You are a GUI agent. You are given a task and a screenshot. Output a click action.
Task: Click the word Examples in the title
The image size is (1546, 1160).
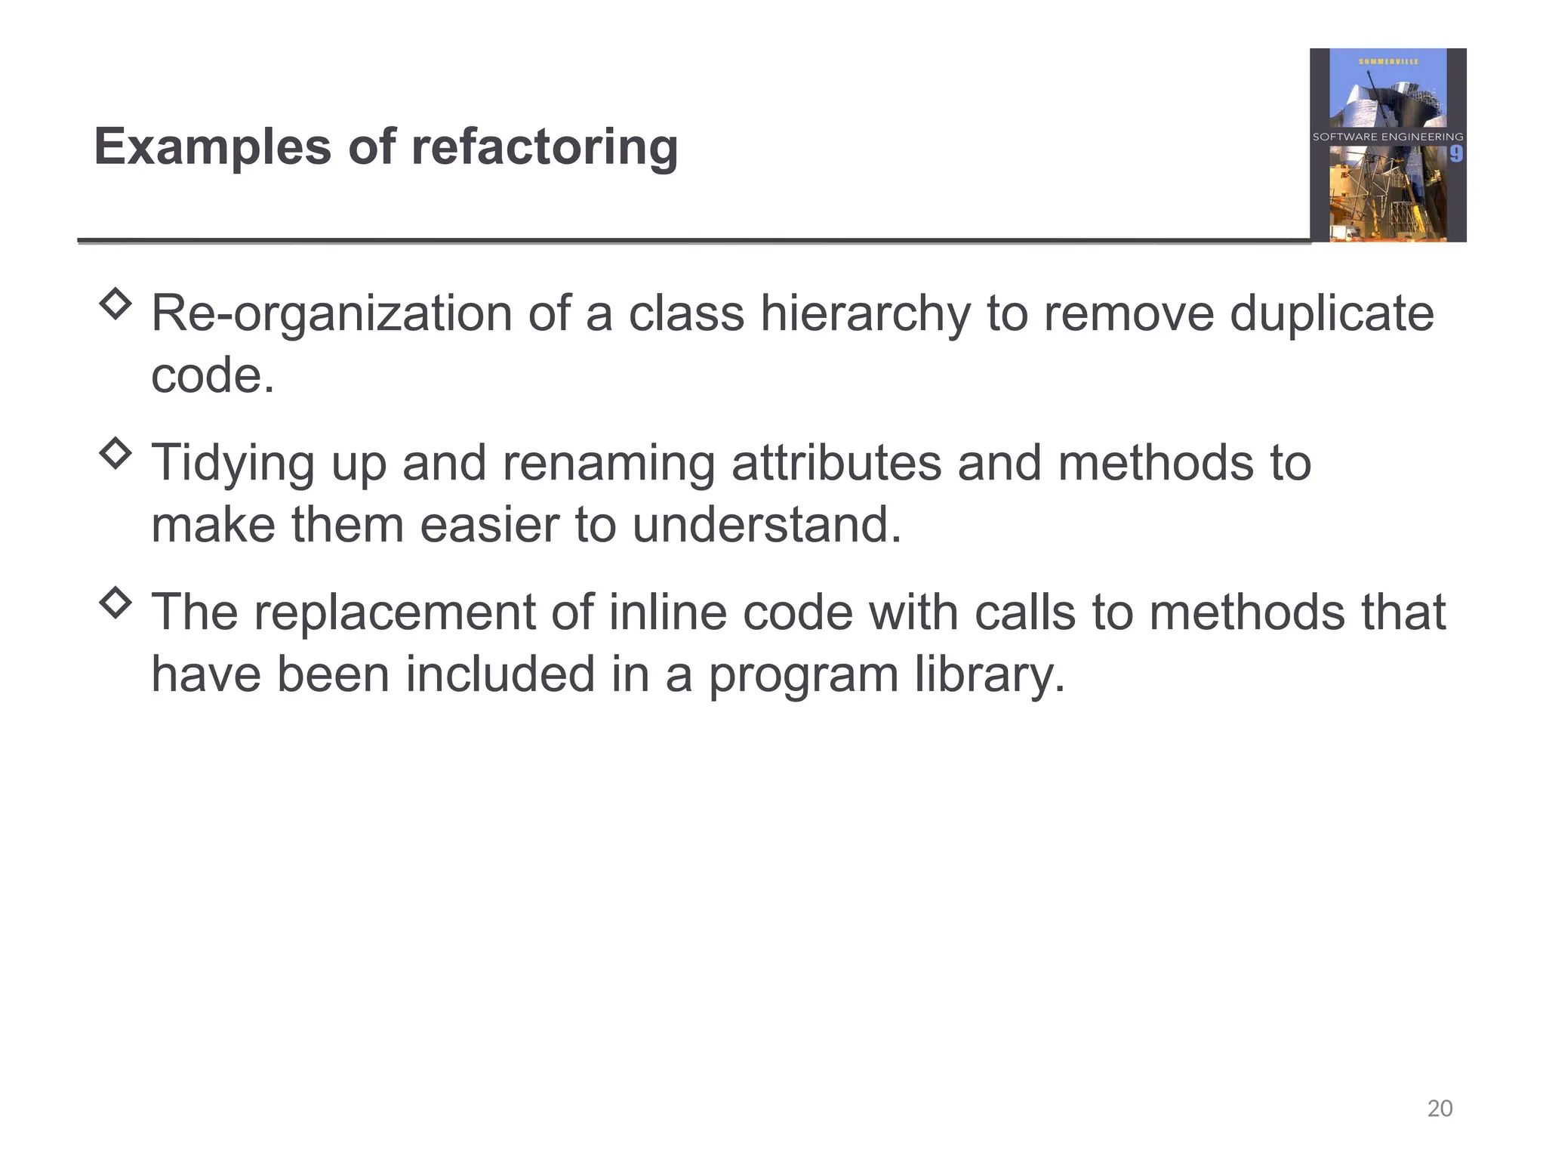(x=212, y=147)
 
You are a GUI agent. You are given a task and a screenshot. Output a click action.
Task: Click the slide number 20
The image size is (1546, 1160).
(x=1440, y=1108)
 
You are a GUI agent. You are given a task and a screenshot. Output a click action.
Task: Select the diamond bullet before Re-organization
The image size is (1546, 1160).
(x=115, y=304)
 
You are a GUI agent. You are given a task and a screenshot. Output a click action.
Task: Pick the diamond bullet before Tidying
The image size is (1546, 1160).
(x=115, y=453)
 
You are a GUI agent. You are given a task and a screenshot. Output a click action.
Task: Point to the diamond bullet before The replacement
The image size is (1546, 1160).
(x=115, y=603)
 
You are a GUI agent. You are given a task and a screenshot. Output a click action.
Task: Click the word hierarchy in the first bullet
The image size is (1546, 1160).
(x=865, y=314)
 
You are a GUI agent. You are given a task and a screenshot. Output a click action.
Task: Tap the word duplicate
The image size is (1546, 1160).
(x=1332, y=314)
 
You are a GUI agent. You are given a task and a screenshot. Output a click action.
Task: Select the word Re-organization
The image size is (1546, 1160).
(x=331, y=314)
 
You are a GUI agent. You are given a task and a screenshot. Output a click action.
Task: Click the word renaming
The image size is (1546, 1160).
(x=608, y=463)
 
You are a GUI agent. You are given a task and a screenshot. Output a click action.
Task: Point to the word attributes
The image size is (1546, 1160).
(x=836, y=463)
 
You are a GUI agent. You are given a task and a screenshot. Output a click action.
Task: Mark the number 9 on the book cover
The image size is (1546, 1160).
(x=1456, y=154)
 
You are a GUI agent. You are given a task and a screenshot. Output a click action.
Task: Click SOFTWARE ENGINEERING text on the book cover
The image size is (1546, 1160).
(x=1387, y=137)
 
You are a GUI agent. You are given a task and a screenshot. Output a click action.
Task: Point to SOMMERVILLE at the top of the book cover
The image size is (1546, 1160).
(x=1388, y=62)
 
